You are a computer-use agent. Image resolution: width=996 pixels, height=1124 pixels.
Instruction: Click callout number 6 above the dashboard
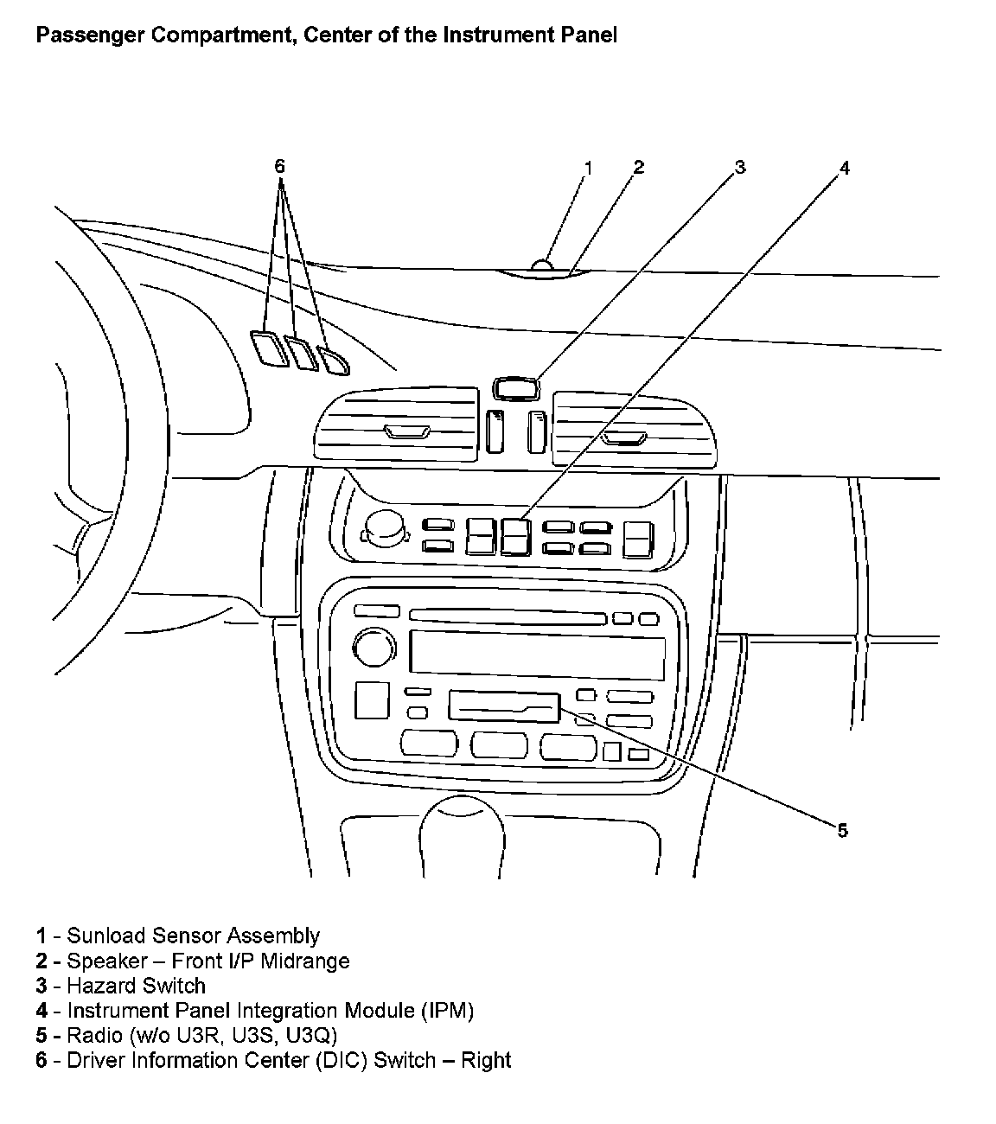pyautogui.click(x=279, y=166)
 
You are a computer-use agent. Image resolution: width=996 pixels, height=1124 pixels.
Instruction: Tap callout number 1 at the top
pyautogui.click(x=588, y=167)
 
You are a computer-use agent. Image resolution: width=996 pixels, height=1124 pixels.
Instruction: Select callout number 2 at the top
pyautogui.click(x=638, y=167)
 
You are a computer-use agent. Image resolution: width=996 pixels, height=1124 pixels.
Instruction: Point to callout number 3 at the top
pyautogui.click(x=739, y=167)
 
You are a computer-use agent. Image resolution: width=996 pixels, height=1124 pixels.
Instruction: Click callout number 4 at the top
pyautogui.click(x=845, y=168)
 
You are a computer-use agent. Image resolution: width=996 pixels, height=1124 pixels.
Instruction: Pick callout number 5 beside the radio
pyautogui.click(x=842, y=831)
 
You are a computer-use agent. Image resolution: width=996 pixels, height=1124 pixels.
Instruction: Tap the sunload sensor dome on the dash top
pyautogui.click(x=542, y=265)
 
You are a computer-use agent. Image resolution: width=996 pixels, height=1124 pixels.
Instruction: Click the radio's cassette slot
pyautogui.click(x=503, y=706)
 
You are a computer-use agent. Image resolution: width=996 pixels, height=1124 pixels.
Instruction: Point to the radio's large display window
pyautogui.click(x=537, y=653)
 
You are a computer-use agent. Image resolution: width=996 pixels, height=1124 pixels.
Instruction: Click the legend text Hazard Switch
pyautogui.click(x=137, y=986)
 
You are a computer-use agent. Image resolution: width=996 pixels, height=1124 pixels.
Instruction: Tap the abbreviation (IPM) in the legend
pyautogui.click(x=448, y=1010)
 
